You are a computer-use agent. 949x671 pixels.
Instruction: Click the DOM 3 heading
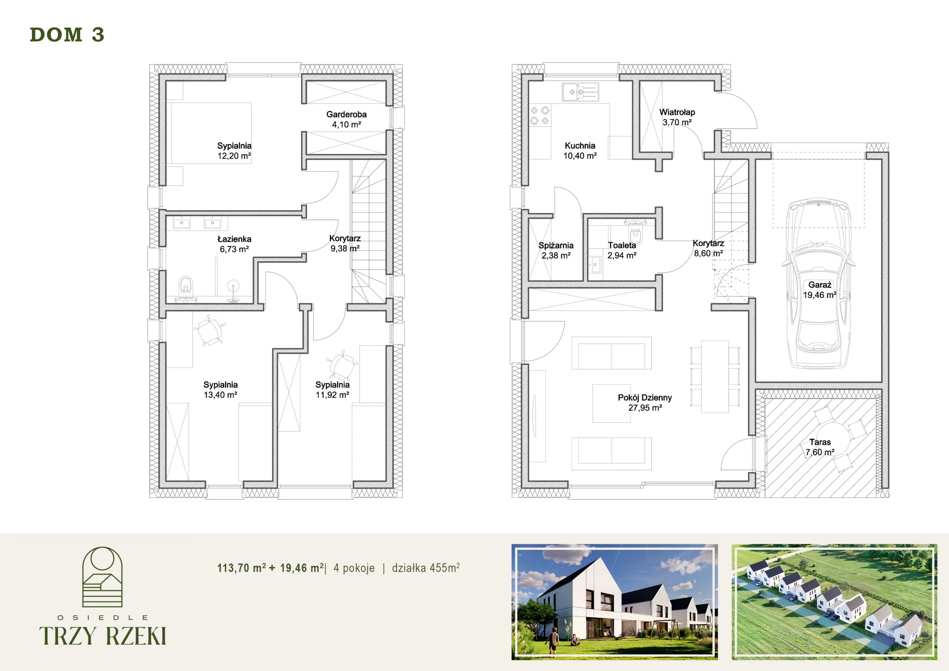point(67,35)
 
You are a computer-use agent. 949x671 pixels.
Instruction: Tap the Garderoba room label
point(346,115)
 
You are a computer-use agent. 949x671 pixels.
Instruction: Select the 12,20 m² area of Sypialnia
point(234,156)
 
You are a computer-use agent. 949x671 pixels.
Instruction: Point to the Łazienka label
point(234,239)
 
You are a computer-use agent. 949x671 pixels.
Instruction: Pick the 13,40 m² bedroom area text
point(220,395)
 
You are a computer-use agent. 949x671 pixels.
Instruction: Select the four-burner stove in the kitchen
point(540,116)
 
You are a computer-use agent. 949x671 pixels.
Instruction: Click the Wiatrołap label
point(677,112)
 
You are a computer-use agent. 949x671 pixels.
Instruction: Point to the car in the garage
point(819,284)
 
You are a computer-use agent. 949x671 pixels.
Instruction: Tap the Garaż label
point(820,285)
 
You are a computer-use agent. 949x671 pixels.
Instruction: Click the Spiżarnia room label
point(556,245)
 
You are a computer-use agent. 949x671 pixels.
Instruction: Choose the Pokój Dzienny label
point(645,398)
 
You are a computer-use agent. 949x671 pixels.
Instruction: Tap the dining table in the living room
point(715,376)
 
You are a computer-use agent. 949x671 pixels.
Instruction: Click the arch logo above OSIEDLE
point(102,577)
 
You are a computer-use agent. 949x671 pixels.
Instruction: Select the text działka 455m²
point(426,568)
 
